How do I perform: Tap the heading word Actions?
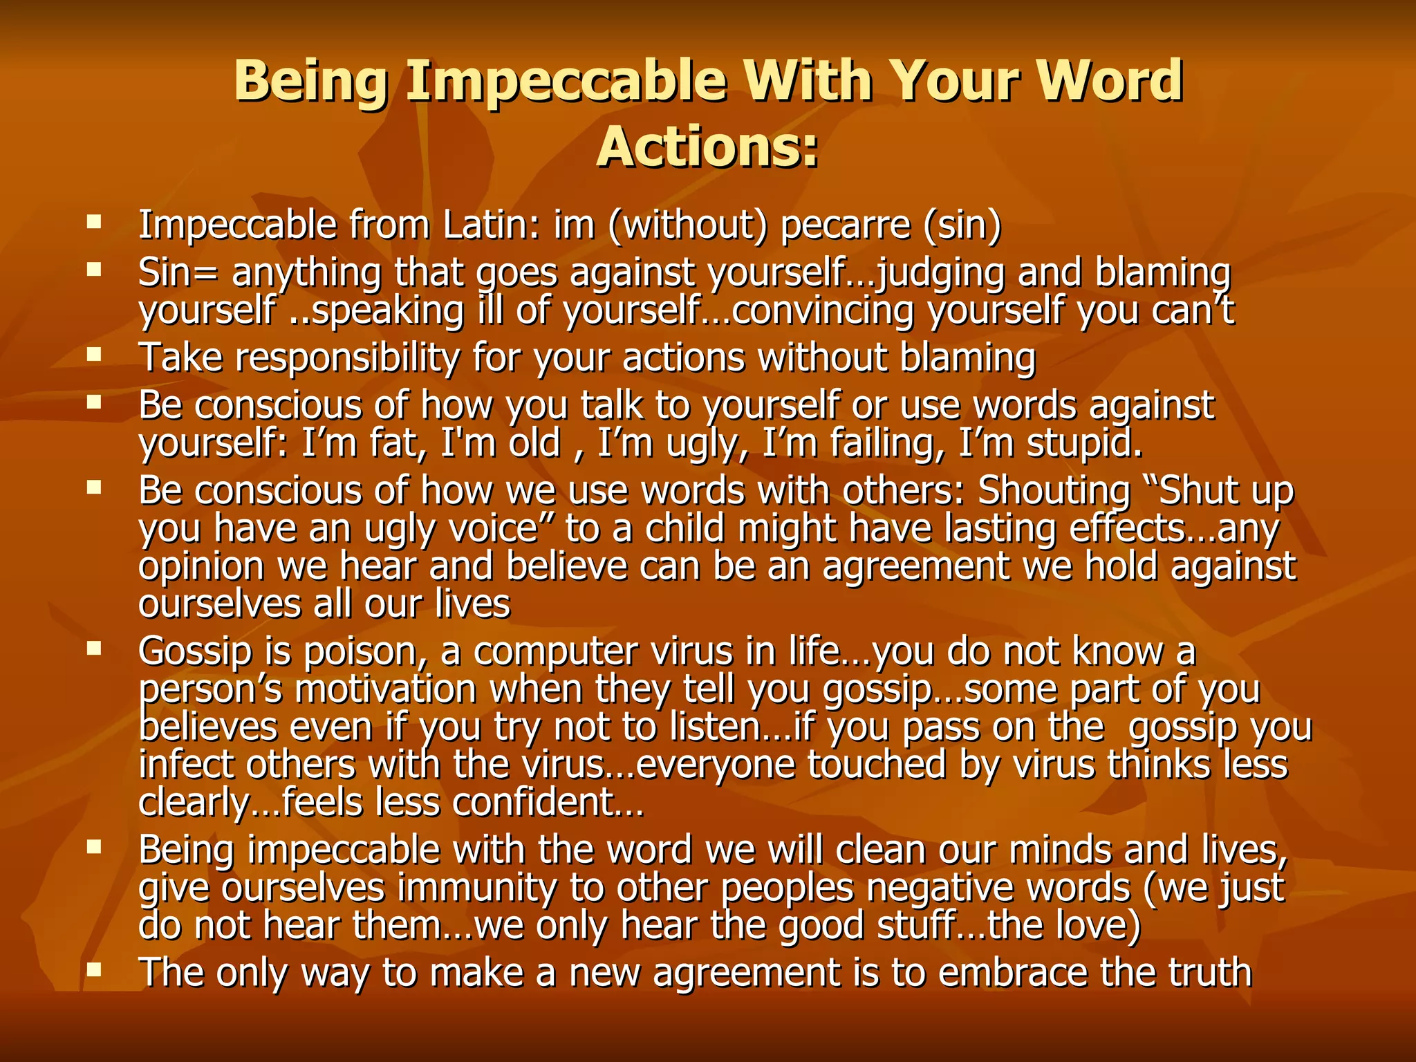coord(707,147)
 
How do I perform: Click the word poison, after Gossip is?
coord(370,652)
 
